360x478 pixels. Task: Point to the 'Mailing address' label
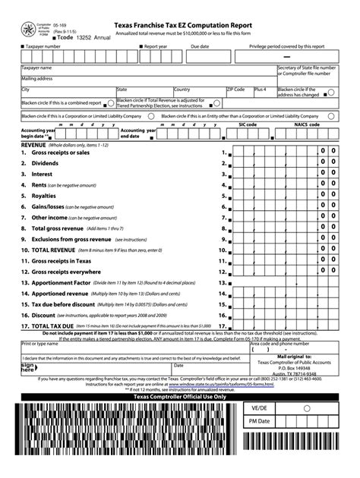tap(37, 78)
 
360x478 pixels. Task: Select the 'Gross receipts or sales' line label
tap(60, 153)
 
